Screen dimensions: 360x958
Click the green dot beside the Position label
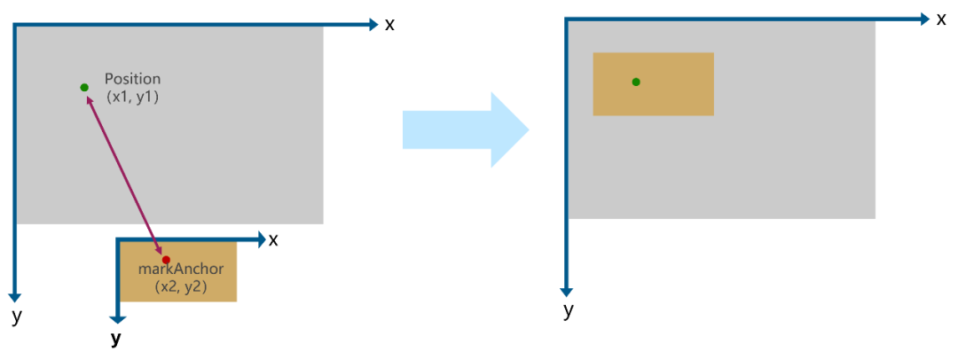click(84, 87)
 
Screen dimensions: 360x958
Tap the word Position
click(132, 79)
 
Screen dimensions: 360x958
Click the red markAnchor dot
click(166, 260)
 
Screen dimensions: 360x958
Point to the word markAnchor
click(181, 269)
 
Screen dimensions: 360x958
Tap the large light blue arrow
click(465, 129)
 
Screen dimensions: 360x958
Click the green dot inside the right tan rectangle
click(636, 82)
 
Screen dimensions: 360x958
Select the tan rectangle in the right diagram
click(653, 84)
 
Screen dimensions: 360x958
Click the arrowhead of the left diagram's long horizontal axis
click(373, 24)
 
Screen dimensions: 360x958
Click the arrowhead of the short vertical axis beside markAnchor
click(117, 318)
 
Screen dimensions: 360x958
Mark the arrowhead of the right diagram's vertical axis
click(567, 292)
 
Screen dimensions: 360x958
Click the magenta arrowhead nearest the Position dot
click(89, 99)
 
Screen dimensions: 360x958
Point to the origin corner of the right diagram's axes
click(567, 19)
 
